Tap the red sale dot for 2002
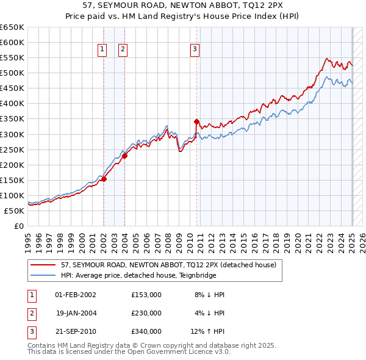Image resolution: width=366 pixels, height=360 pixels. click(x=104, y=179)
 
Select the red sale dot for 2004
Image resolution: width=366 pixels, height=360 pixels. click(x=124, y=156)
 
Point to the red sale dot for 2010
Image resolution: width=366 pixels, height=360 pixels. click(x=197, y=121)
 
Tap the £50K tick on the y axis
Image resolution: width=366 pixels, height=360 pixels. click(x=15, y=211)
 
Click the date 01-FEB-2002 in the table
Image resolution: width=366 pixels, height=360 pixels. click(x=75, y=295)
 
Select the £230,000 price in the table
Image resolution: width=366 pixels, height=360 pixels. click(x=146, y=313)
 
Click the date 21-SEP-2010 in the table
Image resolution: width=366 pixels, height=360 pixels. click(x=75, y=331)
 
